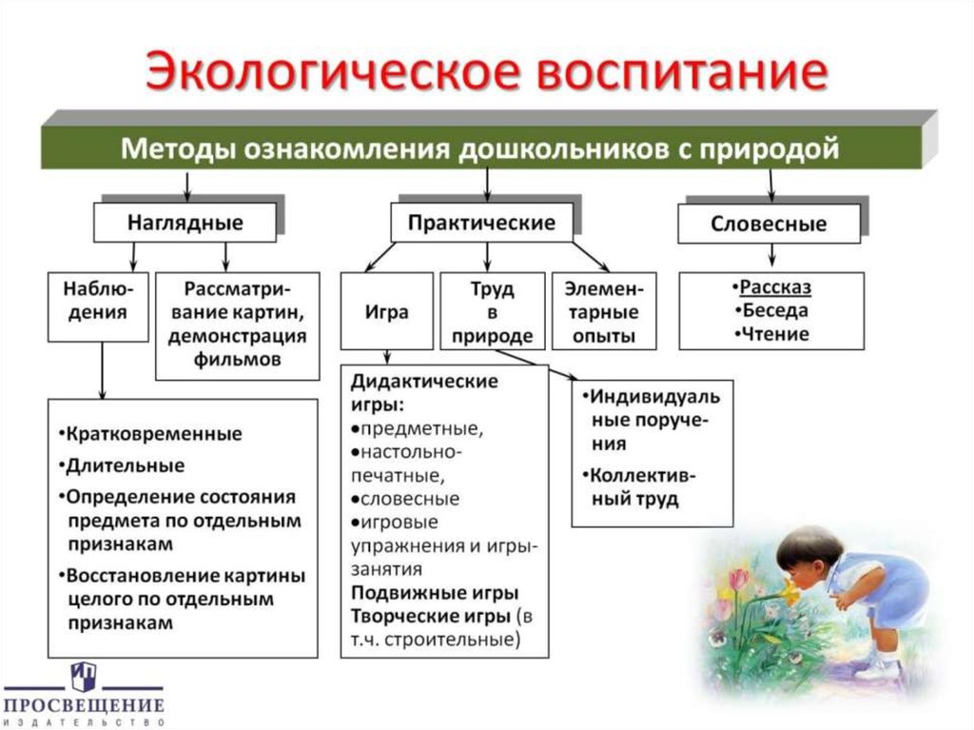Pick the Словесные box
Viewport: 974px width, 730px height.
(769, 226)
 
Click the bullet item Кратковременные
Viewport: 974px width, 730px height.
(152, 434)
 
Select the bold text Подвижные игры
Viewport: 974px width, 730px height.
(433, 594)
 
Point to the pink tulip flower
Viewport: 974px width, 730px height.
(738, 578)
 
